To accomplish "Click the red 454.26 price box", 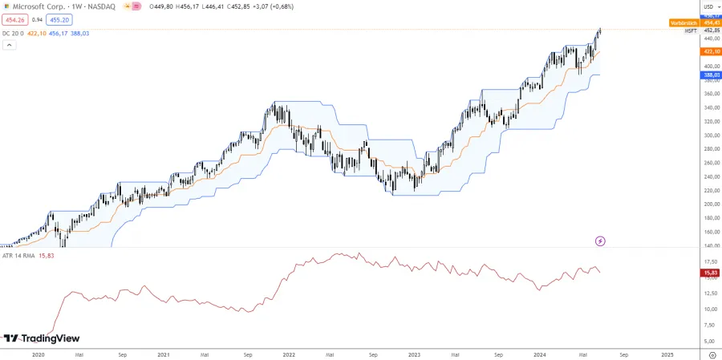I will [x=15, y=18].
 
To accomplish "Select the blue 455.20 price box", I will [x=59, y=18].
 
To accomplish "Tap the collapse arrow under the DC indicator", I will [x=10, y=45].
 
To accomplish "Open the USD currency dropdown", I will [x=708, y=6].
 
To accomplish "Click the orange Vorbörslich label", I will [x=683, y=23].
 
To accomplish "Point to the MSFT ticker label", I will [x=690, y=31].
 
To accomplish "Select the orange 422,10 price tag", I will [x=709, y=51].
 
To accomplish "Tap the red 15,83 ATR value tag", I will [x=709, y=273].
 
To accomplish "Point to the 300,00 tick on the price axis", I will [x=710, y=135].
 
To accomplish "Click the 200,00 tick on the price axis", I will [x=710, y=204].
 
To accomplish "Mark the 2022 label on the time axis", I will [x=290, y=353].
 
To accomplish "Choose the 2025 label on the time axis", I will [x=667, y=353].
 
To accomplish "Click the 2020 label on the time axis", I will [x=38, y=353].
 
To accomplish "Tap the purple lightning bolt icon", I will [x=600, y=241].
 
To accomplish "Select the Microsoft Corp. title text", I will [x=40, y=6].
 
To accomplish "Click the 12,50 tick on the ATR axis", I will [x=710, y=293].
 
